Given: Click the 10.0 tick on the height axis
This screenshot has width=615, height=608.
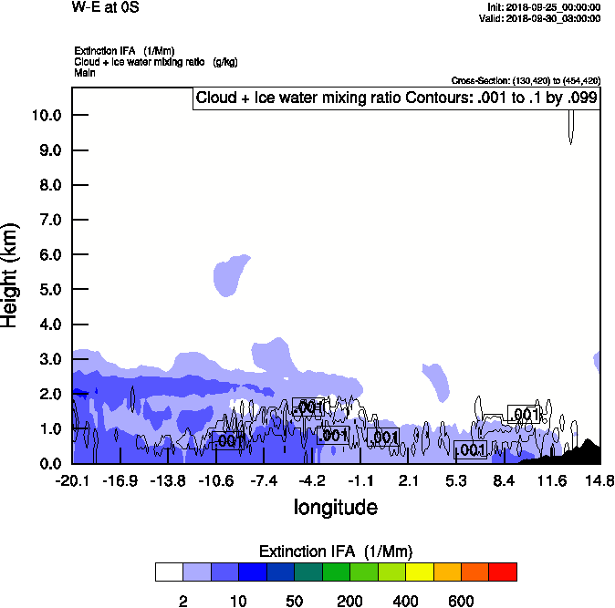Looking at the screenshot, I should tap(47, 116).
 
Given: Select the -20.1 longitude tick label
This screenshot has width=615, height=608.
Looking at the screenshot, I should tap(71, 480).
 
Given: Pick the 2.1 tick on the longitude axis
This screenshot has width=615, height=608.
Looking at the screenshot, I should tap(408, 480).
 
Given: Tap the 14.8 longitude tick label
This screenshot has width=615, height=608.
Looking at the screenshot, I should tap(599, 480).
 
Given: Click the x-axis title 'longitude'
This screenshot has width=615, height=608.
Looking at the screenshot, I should tap(335, 506).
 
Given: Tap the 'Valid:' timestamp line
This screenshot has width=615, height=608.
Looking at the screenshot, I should tap(539, 18).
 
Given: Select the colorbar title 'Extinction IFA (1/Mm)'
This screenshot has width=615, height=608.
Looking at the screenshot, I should tap(336, 551).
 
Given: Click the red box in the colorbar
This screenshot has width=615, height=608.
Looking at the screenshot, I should tap(503, 572).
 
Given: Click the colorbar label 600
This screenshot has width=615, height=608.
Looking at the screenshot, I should tap(461, 601).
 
